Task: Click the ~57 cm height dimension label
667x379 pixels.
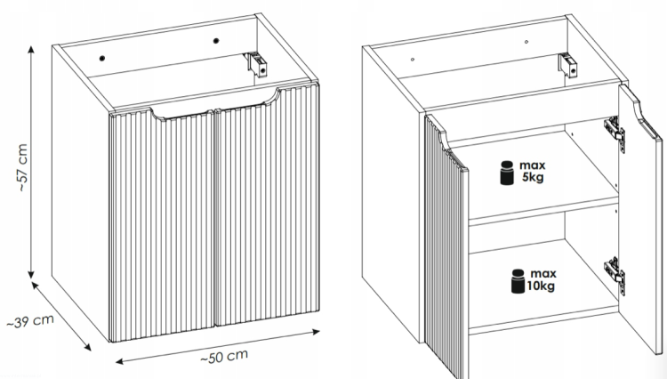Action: point(23,167)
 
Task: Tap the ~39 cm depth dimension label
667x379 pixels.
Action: point(30,321)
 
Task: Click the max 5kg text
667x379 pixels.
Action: point(532,171)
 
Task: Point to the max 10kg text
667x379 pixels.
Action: point(541,279)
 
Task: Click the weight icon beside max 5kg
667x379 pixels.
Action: point(507,173)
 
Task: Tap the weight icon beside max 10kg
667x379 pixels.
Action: point(518,281)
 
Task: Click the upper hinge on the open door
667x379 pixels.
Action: point(615,134)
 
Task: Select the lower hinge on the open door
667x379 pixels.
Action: point(615,276)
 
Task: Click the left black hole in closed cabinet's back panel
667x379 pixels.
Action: point(102,59)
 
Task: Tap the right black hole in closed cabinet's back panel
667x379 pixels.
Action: point(216,41)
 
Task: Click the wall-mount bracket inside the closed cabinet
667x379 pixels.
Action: point(256,64)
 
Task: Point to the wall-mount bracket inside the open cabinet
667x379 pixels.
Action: point(568,65)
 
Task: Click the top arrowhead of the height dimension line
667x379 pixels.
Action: point(31,49)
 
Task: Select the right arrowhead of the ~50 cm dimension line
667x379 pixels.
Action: point(316,332)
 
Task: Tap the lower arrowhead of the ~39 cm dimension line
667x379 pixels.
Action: point(87,347)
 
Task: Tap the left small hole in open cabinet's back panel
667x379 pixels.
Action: point(413,60)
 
